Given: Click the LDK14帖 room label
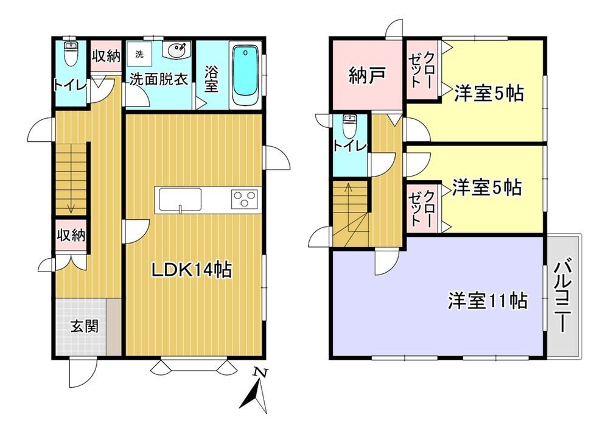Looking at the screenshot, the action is pos(192,270).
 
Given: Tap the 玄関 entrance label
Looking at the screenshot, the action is pos(84,327).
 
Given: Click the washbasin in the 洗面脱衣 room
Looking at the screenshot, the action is pos(177,50).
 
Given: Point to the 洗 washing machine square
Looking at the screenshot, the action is pos(139,54).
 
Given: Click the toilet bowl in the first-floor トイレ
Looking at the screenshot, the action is pos(70,54).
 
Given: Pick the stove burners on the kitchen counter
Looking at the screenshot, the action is pos(245,198).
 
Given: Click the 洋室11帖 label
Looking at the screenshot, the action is pos(487,300).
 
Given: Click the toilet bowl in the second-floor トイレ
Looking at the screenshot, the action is pos(350,126).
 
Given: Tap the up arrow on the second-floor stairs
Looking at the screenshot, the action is pos(349,207).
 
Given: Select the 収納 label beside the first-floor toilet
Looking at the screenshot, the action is pos(106,57).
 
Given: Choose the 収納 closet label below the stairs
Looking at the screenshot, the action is pos(71,235).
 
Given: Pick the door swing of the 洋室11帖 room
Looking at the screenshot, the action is pos(385,261).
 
